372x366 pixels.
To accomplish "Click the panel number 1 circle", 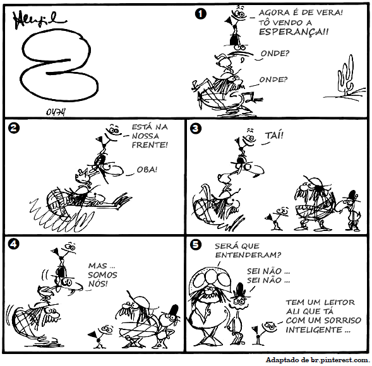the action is coord(200,14).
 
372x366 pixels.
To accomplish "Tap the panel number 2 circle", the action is coord(13,128).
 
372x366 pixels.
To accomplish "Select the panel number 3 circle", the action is coord(196,129).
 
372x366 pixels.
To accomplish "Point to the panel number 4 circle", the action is coord(13,244).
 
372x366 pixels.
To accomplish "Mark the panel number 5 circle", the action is coord(196,244).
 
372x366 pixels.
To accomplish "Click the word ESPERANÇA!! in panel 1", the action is coord(294,32).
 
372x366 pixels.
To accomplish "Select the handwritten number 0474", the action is coord(56,112).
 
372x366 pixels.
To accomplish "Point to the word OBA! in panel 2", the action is coord(147,170).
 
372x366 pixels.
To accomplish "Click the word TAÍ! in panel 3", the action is coord(274,136).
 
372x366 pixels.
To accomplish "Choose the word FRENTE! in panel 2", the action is coord(150,145).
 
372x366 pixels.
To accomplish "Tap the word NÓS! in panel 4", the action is coord(98,284).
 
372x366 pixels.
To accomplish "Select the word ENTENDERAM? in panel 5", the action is coord(248,255).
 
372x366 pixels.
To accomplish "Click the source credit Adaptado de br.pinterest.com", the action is coord(318,360).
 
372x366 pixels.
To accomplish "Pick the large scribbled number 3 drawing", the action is coord(59,64).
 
